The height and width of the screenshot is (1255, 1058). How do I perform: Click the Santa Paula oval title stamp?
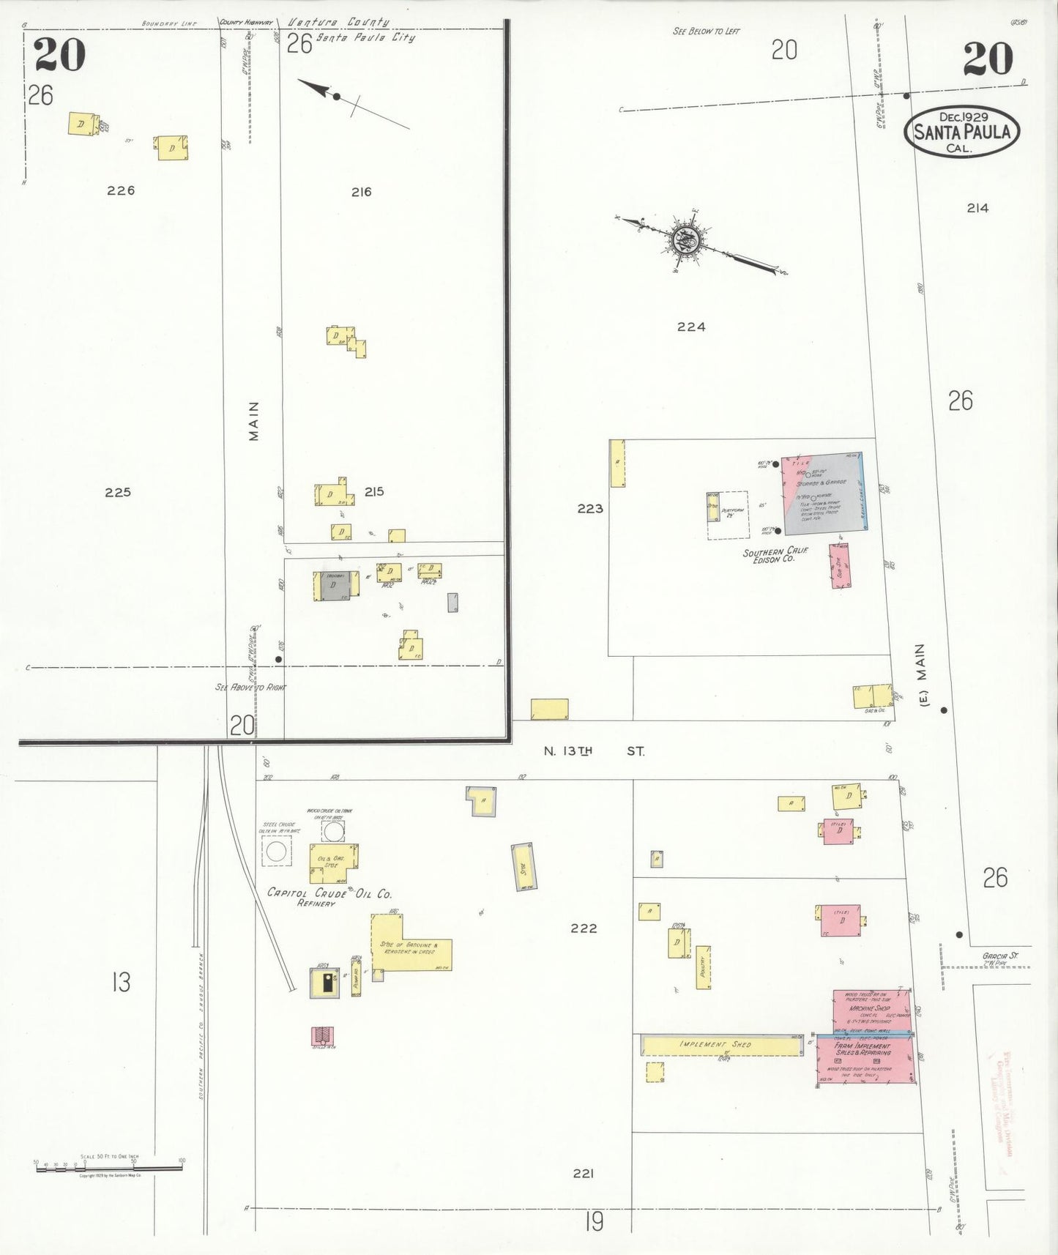pyautogui.click(x=962, y=131)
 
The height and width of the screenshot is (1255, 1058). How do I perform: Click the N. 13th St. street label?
pyautogui.click(x=594, y=751)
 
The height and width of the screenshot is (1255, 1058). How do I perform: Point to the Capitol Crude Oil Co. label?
pyautogui.click(x=329, y=894)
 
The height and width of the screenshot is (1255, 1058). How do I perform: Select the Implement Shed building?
pyautogui.click(x=722, y=1045)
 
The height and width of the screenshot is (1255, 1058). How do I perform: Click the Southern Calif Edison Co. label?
pyautogui.click(x=774, y=555)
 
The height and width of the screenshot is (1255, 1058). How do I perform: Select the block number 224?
pyautogui.click(x=690, y=327)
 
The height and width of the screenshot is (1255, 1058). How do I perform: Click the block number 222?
pyautogui.click(x=584, y=928)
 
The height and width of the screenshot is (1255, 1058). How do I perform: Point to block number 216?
pyautogui.click(x=361, y=193)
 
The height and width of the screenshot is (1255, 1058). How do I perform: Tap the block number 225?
pyautogui.click(x=117, y=493)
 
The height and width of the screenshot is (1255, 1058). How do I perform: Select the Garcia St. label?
pyautogui.click(x=1000, y=956)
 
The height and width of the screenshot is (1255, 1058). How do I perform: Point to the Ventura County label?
pyautogui.click(x=338, y=23)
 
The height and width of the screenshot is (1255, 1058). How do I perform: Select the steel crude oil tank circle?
pyautogui.click(x=276, y=851)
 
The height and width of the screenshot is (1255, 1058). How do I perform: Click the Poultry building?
pyautogui.click(x=703, y=967)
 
